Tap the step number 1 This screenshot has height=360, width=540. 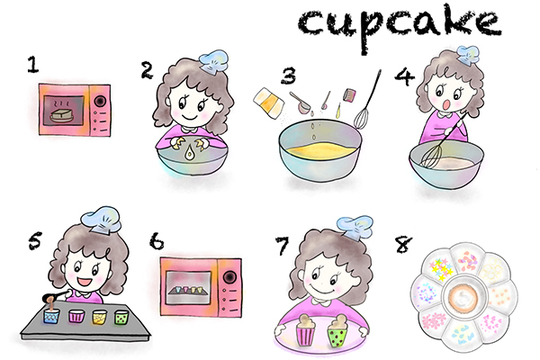click(33, 66)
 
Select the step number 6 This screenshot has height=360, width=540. click(157, 244)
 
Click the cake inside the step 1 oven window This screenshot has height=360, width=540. click(64, 114)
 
